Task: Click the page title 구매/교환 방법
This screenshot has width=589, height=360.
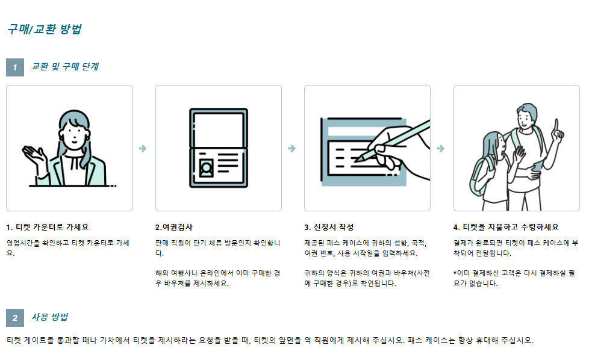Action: [45, 29]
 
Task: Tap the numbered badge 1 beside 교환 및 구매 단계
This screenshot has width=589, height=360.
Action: [15, 67]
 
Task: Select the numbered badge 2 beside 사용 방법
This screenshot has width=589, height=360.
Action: [15, 318]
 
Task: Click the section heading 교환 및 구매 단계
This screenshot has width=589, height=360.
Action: [65, 66]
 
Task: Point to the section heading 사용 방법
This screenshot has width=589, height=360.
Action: [49, 317]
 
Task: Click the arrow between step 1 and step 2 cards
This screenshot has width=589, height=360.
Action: [143, 148]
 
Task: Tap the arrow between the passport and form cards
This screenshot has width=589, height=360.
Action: [292, 148]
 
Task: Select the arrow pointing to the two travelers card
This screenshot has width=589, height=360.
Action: [441, 148]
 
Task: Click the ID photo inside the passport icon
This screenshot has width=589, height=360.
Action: [206, 168]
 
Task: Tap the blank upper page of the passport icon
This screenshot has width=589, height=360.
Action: [218, 129]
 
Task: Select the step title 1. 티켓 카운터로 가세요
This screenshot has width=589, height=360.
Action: [48, 227]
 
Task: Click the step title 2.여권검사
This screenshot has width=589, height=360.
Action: [174, 227]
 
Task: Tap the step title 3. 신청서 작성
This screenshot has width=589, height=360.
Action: [329, 227]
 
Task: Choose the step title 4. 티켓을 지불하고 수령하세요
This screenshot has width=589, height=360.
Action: [506, 227]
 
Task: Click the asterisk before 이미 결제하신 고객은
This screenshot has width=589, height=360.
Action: [455, 273]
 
